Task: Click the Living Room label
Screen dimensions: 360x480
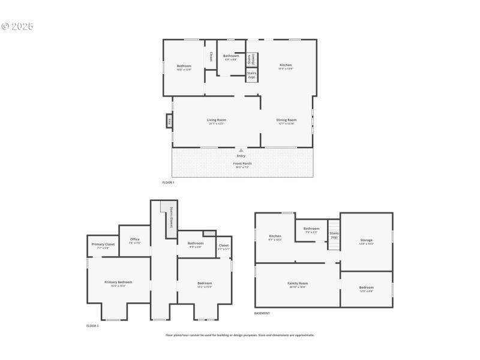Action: [216, 120]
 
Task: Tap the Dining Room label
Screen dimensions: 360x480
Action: [286, 120]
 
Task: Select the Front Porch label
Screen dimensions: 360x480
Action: [242, 163]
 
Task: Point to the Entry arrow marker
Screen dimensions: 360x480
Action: [241, 151]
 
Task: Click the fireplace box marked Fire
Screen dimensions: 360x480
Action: [170, 121]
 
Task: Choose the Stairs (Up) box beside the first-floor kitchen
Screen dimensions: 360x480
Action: [251, 75]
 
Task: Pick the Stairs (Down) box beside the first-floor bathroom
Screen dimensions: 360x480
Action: [251, 59]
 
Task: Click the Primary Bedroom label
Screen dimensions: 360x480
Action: [118, 282]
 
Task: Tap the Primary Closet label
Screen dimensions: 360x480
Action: [103, 244]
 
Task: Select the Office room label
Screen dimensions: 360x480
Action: [135, 239]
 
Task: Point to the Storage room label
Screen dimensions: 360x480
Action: [366, 240]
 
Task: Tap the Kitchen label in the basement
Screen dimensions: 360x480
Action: [275, 236]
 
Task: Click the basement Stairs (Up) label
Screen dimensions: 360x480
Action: [334, 235]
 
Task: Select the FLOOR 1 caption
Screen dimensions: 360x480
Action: [168, 182]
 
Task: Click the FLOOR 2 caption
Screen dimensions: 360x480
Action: [92, 326]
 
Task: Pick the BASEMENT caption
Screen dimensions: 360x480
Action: [262, 313]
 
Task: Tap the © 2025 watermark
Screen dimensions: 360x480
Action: [17, 26]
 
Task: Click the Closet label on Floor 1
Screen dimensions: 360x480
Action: [211, 56]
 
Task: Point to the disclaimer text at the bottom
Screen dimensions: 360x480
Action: [240, 335]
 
